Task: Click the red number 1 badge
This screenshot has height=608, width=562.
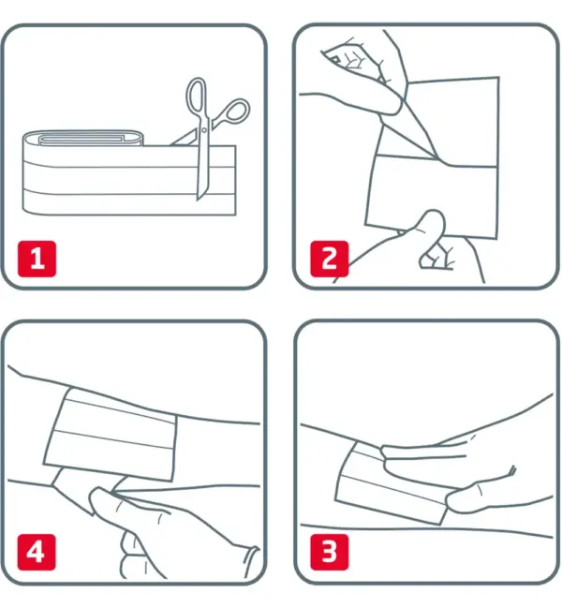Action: [37, 259]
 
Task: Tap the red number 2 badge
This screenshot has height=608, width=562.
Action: [330, 259]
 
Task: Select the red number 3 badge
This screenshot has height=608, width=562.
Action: [330, 552]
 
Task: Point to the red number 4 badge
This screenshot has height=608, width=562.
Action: [37, 552]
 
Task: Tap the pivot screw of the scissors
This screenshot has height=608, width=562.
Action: [204, 130]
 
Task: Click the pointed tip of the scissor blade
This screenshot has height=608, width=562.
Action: [199, 200]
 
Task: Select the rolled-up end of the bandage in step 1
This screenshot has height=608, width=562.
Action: [82, 139]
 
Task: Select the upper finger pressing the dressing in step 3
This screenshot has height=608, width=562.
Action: [422, 454]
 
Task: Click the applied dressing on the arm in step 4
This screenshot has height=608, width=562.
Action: [111, 435]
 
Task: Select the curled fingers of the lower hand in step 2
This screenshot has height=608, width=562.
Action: [438, 256]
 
